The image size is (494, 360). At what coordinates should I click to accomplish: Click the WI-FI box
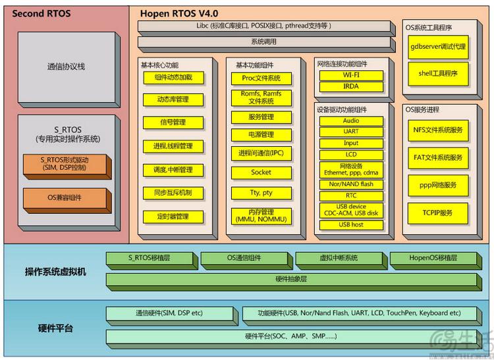coord(350,75)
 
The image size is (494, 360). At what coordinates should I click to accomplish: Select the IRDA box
coord(350,86)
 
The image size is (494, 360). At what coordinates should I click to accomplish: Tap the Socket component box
coord(261,172)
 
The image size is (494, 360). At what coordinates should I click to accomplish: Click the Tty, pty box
coord(261,193)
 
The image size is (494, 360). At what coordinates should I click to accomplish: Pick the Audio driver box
coord(350,121)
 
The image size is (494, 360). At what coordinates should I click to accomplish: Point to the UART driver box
coord(350,132)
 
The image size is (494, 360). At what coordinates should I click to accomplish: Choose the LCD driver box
coord(350,155)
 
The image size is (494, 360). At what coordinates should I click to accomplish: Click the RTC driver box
coord(350,195)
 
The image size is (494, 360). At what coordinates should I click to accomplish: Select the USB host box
coord(350,224)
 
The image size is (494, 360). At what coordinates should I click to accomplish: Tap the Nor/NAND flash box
coord(350,184)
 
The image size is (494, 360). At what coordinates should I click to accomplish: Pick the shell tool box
coord(437,74)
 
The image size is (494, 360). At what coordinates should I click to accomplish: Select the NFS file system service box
coord(437,130)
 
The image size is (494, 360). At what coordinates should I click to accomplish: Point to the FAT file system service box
coord(437,158)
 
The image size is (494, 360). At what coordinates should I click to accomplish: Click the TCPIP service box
coord(437,213)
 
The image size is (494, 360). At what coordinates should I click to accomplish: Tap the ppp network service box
coord(437,186)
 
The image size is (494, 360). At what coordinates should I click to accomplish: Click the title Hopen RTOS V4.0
coord(178,13)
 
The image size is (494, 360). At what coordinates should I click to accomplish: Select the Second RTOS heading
coord(41,13)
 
